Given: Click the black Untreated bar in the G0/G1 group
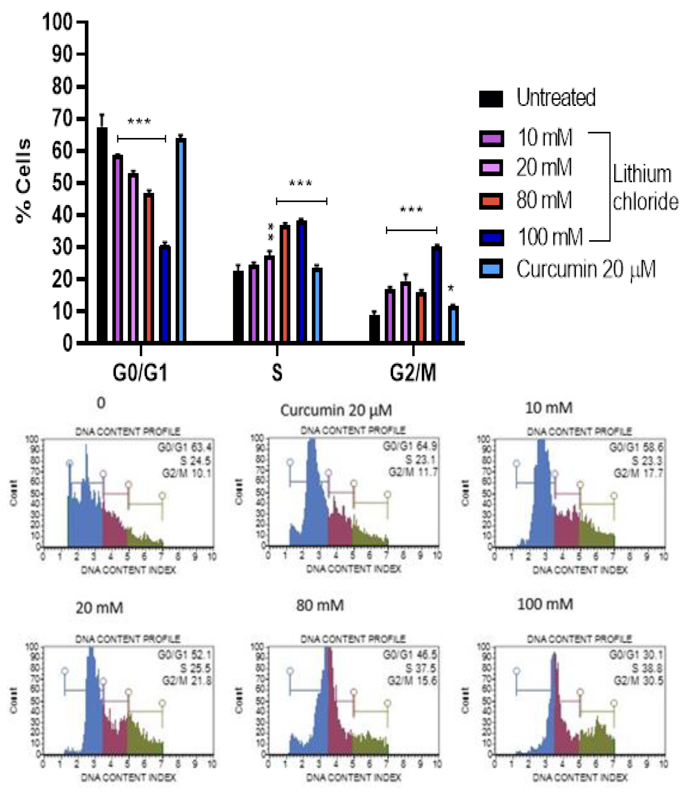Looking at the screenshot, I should (x=102, y=235).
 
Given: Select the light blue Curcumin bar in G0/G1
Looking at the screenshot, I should (x=181, y=240).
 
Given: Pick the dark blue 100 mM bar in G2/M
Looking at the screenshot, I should (x=436, y=294).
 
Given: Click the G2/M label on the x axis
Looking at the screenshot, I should (x=413, y=373).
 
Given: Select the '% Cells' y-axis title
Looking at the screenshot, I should (x=24, y=181).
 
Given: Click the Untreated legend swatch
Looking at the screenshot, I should (x=491, y=99).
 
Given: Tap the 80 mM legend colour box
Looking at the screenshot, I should (x=491, y=201).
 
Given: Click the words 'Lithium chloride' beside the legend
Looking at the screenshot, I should (x=645, y=188).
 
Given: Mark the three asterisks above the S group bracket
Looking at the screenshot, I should (x=300, y=183).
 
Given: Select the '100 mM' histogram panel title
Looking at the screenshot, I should (x=545, y=604).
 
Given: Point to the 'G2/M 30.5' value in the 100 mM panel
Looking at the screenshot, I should (x=638, y=681).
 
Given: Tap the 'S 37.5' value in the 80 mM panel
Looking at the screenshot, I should (x=420, y=668).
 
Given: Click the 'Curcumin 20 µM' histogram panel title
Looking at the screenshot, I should (x=336, y=410).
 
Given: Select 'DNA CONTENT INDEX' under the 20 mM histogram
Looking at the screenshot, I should (x=128, y=777).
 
